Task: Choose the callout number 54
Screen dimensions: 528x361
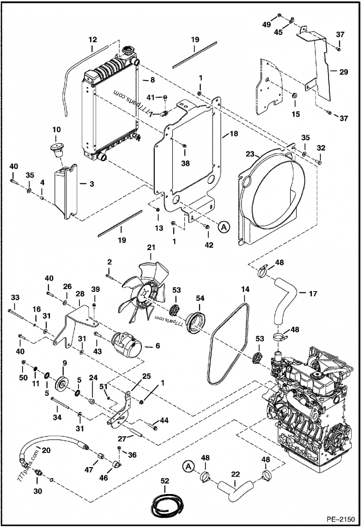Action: (x=199, y=298)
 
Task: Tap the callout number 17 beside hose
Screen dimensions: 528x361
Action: (x=312, y=293)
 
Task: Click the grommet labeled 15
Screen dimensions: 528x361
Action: (x=295, y=96)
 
